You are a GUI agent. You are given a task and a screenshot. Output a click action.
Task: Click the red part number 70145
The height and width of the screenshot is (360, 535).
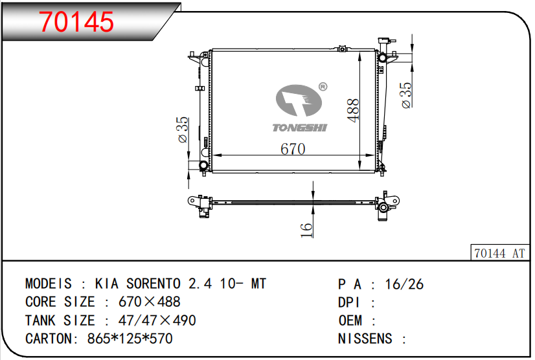tap(76, 22)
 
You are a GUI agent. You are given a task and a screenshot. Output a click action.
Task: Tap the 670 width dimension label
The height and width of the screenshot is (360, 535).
tap(293, 149)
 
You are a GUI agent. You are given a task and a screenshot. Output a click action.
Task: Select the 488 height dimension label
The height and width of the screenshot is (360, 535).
tap(353, 110)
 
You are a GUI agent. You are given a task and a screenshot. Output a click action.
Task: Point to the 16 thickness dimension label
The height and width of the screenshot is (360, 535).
tap(306, 230)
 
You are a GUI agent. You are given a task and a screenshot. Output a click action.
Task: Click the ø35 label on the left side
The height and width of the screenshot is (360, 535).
tap(183, 129)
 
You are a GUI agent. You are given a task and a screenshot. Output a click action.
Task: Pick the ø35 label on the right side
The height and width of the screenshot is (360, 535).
tap(406, 95)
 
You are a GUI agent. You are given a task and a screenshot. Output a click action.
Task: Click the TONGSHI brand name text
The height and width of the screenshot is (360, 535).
tap(300, 128)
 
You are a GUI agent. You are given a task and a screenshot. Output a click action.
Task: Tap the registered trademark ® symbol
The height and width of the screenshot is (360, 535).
tap(323, 87)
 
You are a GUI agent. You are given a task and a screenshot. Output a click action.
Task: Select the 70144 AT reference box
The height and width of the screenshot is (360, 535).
tap(499, 253)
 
